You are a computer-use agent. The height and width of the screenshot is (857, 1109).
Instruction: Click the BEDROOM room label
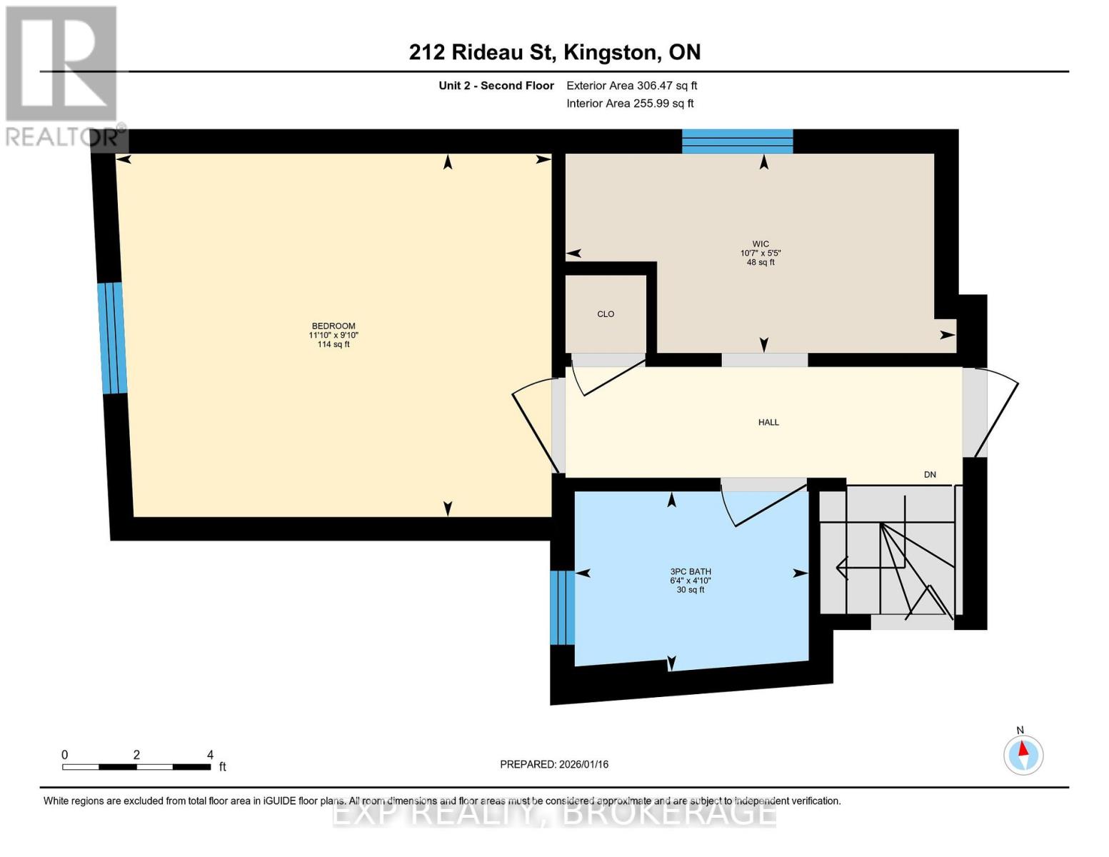[333, 326]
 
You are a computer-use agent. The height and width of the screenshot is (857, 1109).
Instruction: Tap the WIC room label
[761, 244]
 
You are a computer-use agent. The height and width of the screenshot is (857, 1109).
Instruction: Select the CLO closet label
[606, 314]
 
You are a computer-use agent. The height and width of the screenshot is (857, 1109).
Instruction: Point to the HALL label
[768, 423]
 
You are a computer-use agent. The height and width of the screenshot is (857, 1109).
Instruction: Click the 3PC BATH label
[691, 572]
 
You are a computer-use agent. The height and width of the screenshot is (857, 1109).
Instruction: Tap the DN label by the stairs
[930, 475]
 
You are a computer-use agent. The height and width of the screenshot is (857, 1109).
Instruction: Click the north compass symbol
[1023, 754]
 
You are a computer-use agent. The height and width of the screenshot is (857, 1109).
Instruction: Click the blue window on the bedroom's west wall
[113, 338]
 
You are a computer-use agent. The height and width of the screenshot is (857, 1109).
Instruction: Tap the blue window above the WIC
[737, 141]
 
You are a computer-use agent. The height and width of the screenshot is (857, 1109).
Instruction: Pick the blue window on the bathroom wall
[562, 607]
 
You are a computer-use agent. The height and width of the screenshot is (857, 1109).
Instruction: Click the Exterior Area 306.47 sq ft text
[631, 86]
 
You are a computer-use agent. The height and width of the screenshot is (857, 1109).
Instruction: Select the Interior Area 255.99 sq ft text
[630, 104]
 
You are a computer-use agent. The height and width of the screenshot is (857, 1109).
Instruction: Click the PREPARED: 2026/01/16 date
[554, 764]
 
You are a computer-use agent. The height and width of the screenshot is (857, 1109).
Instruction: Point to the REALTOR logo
[62, 75]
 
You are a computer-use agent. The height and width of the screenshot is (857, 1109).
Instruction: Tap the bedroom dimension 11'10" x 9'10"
[333, 336]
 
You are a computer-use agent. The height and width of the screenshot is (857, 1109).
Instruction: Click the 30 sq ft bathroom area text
[691, 590]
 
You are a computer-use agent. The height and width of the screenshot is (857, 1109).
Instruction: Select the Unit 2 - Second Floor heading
[496, 86]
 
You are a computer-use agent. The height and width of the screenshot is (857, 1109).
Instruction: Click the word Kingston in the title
[611, 52]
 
